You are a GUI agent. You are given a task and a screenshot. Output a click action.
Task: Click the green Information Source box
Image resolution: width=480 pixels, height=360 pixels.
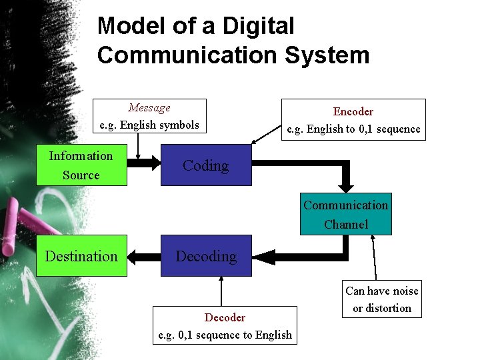[x=81, y=165]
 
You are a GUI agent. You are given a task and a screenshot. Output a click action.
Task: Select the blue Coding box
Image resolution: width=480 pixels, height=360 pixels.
[x=206, y=165]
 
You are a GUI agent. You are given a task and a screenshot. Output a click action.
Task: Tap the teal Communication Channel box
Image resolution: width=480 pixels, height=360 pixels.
[x=345, y=215]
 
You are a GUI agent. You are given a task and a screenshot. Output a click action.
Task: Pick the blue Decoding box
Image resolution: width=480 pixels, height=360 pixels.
[x=206, y=256]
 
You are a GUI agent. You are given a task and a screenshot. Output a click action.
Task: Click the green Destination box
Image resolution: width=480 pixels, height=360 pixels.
[x=81, y=256]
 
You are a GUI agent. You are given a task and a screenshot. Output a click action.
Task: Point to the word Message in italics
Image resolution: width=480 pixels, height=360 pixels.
[x=149, y=108]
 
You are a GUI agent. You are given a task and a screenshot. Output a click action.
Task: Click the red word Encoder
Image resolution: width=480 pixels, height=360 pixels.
[x=353, y=111]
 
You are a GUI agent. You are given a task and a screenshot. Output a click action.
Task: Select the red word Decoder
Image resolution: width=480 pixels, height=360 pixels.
[x=225, y=317]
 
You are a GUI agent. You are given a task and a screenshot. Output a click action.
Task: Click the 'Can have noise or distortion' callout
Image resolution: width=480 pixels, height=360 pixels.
[x=382, y=299]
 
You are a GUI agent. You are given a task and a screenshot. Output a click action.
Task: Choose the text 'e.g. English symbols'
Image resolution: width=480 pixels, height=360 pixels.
[x=149, y=125]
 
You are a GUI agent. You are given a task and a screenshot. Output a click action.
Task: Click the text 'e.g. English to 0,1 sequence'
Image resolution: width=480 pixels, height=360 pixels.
[x=353, y=129]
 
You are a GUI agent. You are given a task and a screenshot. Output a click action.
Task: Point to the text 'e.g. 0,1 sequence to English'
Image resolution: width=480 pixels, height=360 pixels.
[x=225, y=335]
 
